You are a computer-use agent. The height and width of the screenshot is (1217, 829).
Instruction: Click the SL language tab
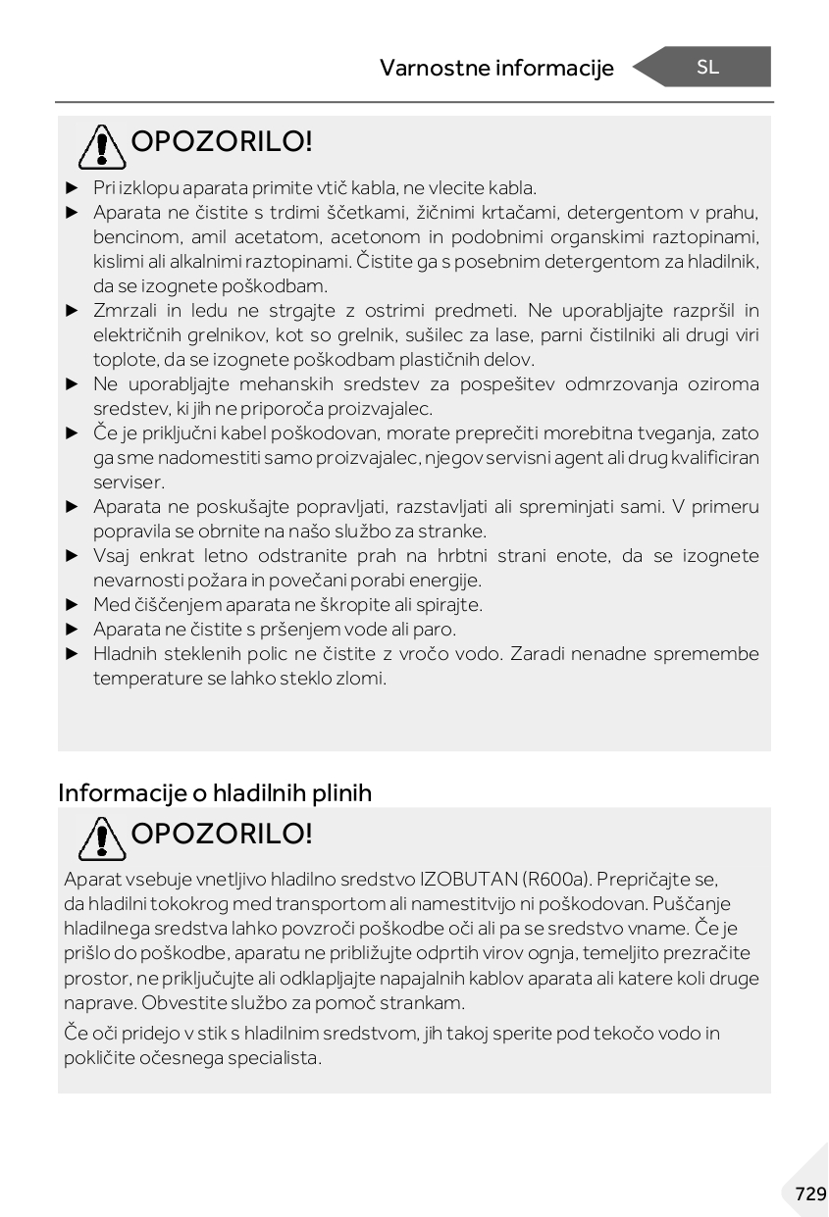707,67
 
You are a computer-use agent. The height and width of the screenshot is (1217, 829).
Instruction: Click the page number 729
810,1193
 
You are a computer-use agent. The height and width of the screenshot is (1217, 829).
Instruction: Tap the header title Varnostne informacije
496,68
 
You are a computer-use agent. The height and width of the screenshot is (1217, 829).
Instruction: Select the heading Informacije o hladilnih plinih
215,792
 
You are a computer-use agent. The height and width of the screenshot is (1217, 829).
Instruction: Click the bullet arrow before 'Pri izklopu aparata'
71,187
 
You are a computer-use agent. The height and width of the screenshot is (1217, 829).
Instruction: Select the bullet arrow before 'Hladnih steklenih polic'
71,654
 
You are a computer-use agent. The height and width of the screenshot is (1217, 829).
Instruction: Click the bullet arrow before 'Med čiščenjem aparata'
71,605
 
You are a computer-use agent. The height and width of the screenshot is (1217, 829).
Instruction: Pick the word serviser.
129,482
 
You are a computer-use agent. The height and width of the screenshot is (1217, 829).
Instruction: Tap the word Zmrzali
123,311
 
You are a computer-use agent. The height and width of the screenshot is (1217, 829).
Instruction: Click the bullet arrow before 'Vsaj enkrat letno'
71,556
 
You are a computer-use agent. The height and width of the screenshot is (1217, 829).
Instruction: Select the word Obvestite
181,1003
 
